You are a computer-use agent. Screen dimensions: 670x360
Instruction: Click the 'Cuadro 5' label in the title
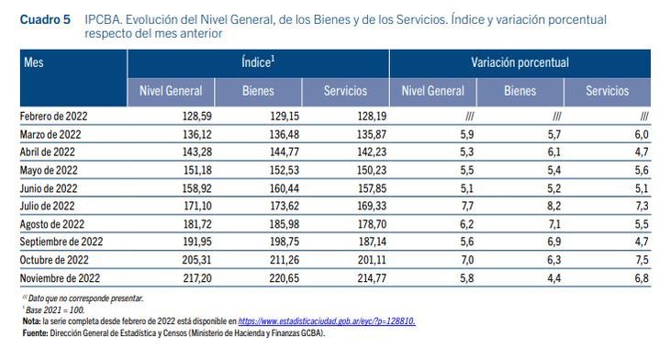click(45, 19)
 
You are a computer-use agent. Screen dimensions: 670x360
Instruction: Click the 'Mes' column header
click(33, 62)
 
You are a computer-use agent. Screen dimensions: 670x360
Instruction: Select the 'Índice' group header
click(258, 62)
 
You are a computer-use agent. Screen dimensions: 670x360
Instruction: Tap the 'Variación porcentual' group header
click(520, 62)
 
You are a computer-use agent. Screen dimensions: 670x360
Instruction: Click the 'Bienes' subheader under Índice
click(258, 91)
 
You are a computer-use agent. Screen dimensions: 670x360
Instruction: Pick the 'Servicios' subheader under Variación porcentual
click(608, 91)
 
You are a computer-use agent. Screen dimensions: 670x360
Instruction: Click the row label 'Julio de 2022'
click(47, 206)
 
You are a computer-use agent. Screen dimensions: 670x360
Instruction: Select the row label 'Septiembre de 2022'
click(61, 242)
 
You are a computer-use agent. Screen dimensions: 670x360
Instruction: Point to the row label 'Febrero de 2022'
click(53, 117)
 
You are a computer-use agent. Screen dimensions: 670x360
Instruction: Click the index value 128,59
click(197, 117)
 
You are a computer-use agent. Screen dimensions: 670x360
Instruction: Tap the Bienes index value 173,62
click(285, 206)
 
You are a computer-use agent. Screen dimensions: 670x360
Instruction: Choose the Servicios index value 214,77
click(372, 278)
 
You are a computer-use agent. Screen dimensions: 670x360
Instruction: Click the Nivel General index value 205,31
click(197, 260)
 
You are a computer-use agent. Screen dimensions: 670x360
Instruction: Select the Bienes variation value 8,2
click(553, 206)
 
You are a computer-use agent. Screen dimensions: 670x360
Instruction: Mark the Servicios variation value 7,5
click(642, 260)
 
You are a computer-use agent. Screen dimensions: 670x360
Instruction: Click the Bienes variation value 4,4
click(553, 278)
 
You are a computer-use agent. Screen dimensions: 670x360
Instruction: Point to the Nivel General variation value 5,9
click(466, 134)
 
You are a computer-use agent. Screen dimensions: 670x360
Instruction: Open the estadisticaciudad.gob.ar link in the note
click(327, 321)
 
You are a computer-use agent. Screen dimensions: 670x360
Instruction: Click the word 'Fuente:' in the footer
click(35, 333)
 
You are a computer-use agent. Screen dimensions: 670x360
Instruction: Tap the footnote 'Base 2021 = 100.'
click(55, 310)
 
